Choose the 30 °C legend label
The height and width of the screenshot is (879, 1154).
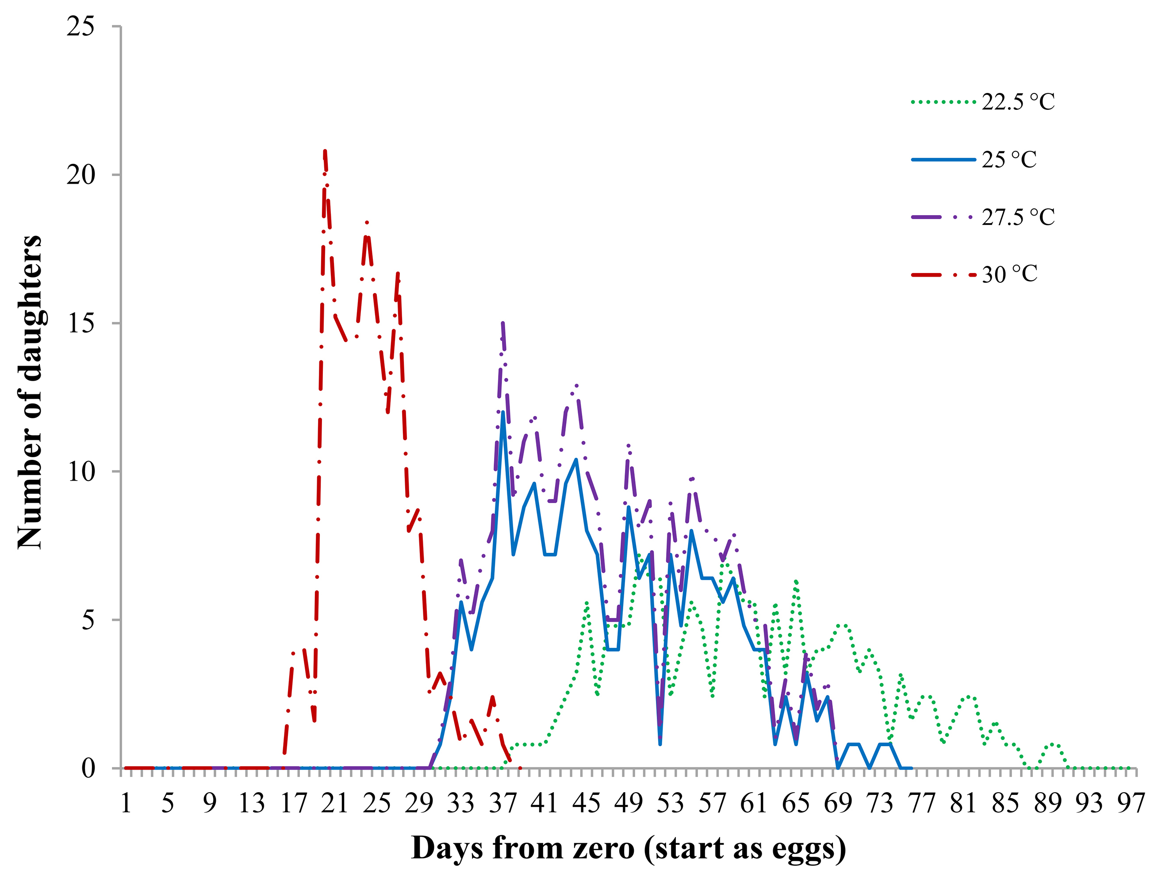(1009, 274)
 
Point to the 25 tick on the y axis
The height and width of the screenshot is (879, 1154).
(81, 26)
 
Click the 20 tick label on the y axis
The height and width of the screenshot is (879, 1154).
(81, 175)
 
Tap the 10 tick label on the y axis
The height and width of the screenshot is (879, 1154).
(81, 471)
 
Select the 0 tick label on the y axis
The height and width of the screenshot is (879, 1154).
(88, 768)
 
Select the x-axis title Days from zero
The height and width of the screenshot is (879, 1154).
(628, 848)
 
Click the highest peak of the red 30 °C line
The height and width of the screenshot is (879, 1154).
(325, 151)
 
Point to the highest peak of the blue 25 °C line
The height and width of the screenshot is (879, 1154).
(502, 413)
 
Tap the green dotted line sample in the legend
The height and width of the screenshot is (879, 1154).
(943, 102)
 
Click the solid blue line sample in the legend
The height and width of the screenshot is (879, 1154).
(943, 160)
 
